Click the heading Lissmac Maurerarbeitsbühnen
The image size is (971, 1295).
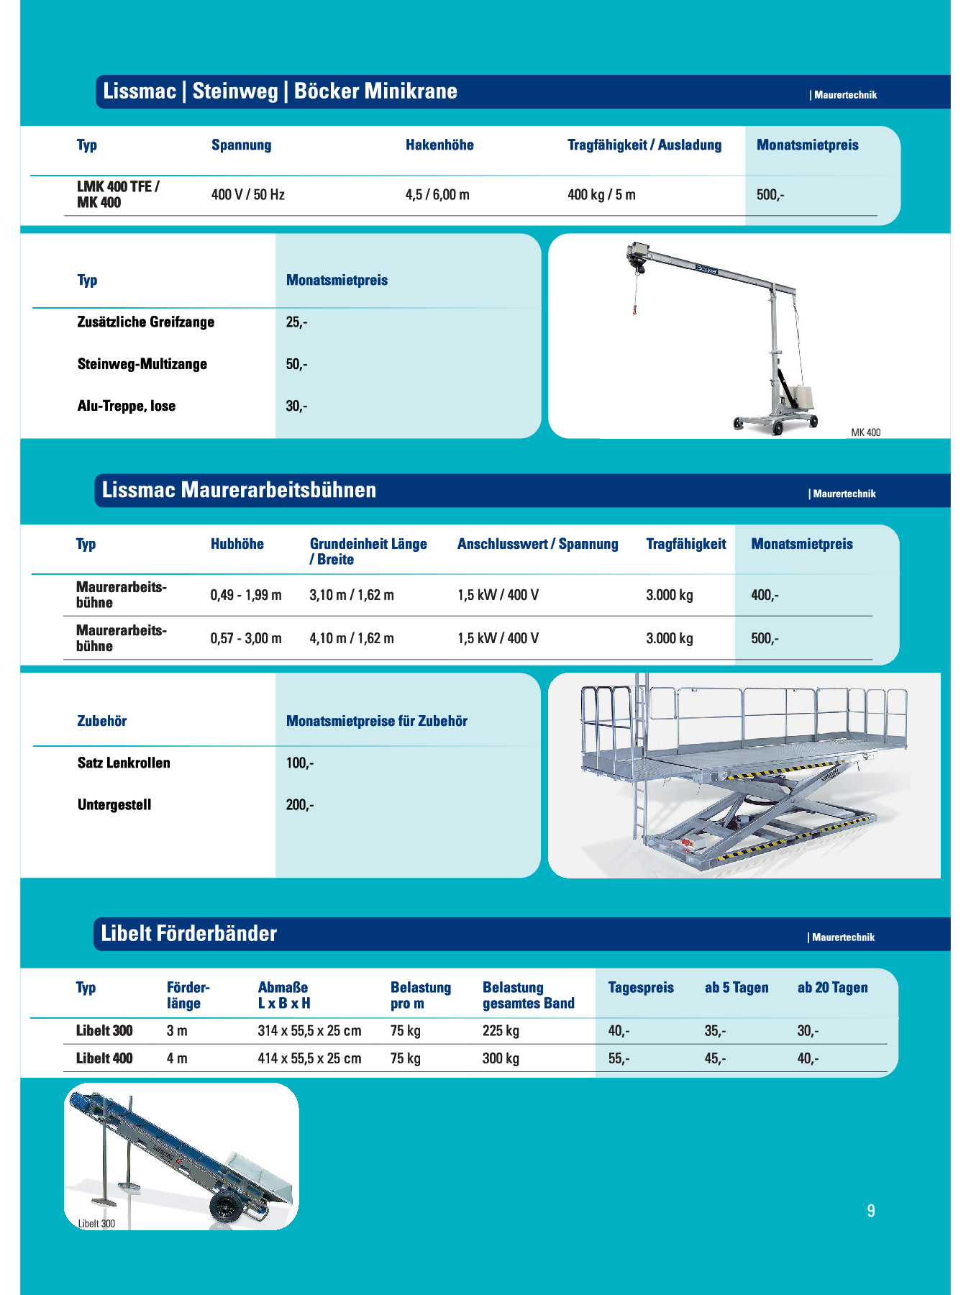[239, 490]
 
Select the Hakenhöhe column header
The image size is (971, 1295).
[439, 145]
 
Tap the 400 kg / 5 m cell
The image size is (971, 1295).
[601, 195]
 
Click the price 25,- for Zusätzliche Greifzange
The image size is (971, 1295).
[296, 322]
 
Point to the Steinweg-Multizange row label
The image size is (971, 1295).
[142, 364]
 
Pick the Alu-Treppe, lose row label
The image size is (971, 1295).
[126, 406]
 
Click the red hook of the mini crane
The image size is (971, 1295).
[634, 311]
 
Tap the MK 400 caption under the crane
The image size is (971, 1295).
[865, 432]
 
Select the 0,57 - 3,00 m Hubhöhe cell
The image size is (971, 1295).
[246, 638]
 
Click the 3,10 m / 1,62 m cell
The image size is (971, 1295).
[352, 595]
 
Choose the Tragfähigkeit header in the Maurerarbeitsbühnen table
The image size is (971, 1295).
[685, 544]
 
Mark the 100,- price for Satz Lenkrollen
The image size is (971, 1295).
[300, 763]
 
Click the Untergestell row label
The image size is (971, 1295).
[114, 804]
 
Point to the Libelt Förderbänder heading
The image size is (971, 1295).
[188, 934]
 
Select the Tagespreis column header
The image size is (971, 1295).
[641, 988]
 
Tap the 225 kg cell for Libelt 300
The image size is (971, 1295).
[501, 1031]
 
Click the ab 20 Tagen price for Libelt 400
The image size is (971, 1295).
[808, 1058]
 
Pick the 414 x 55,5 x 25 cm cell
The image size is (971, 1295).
[309, 1058]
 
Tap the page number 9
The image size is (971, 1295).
[871, 1211]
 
